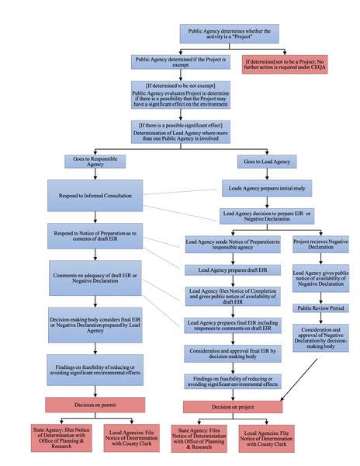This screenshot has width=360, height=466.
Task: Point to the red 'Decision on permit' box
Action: click(96, 404)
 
